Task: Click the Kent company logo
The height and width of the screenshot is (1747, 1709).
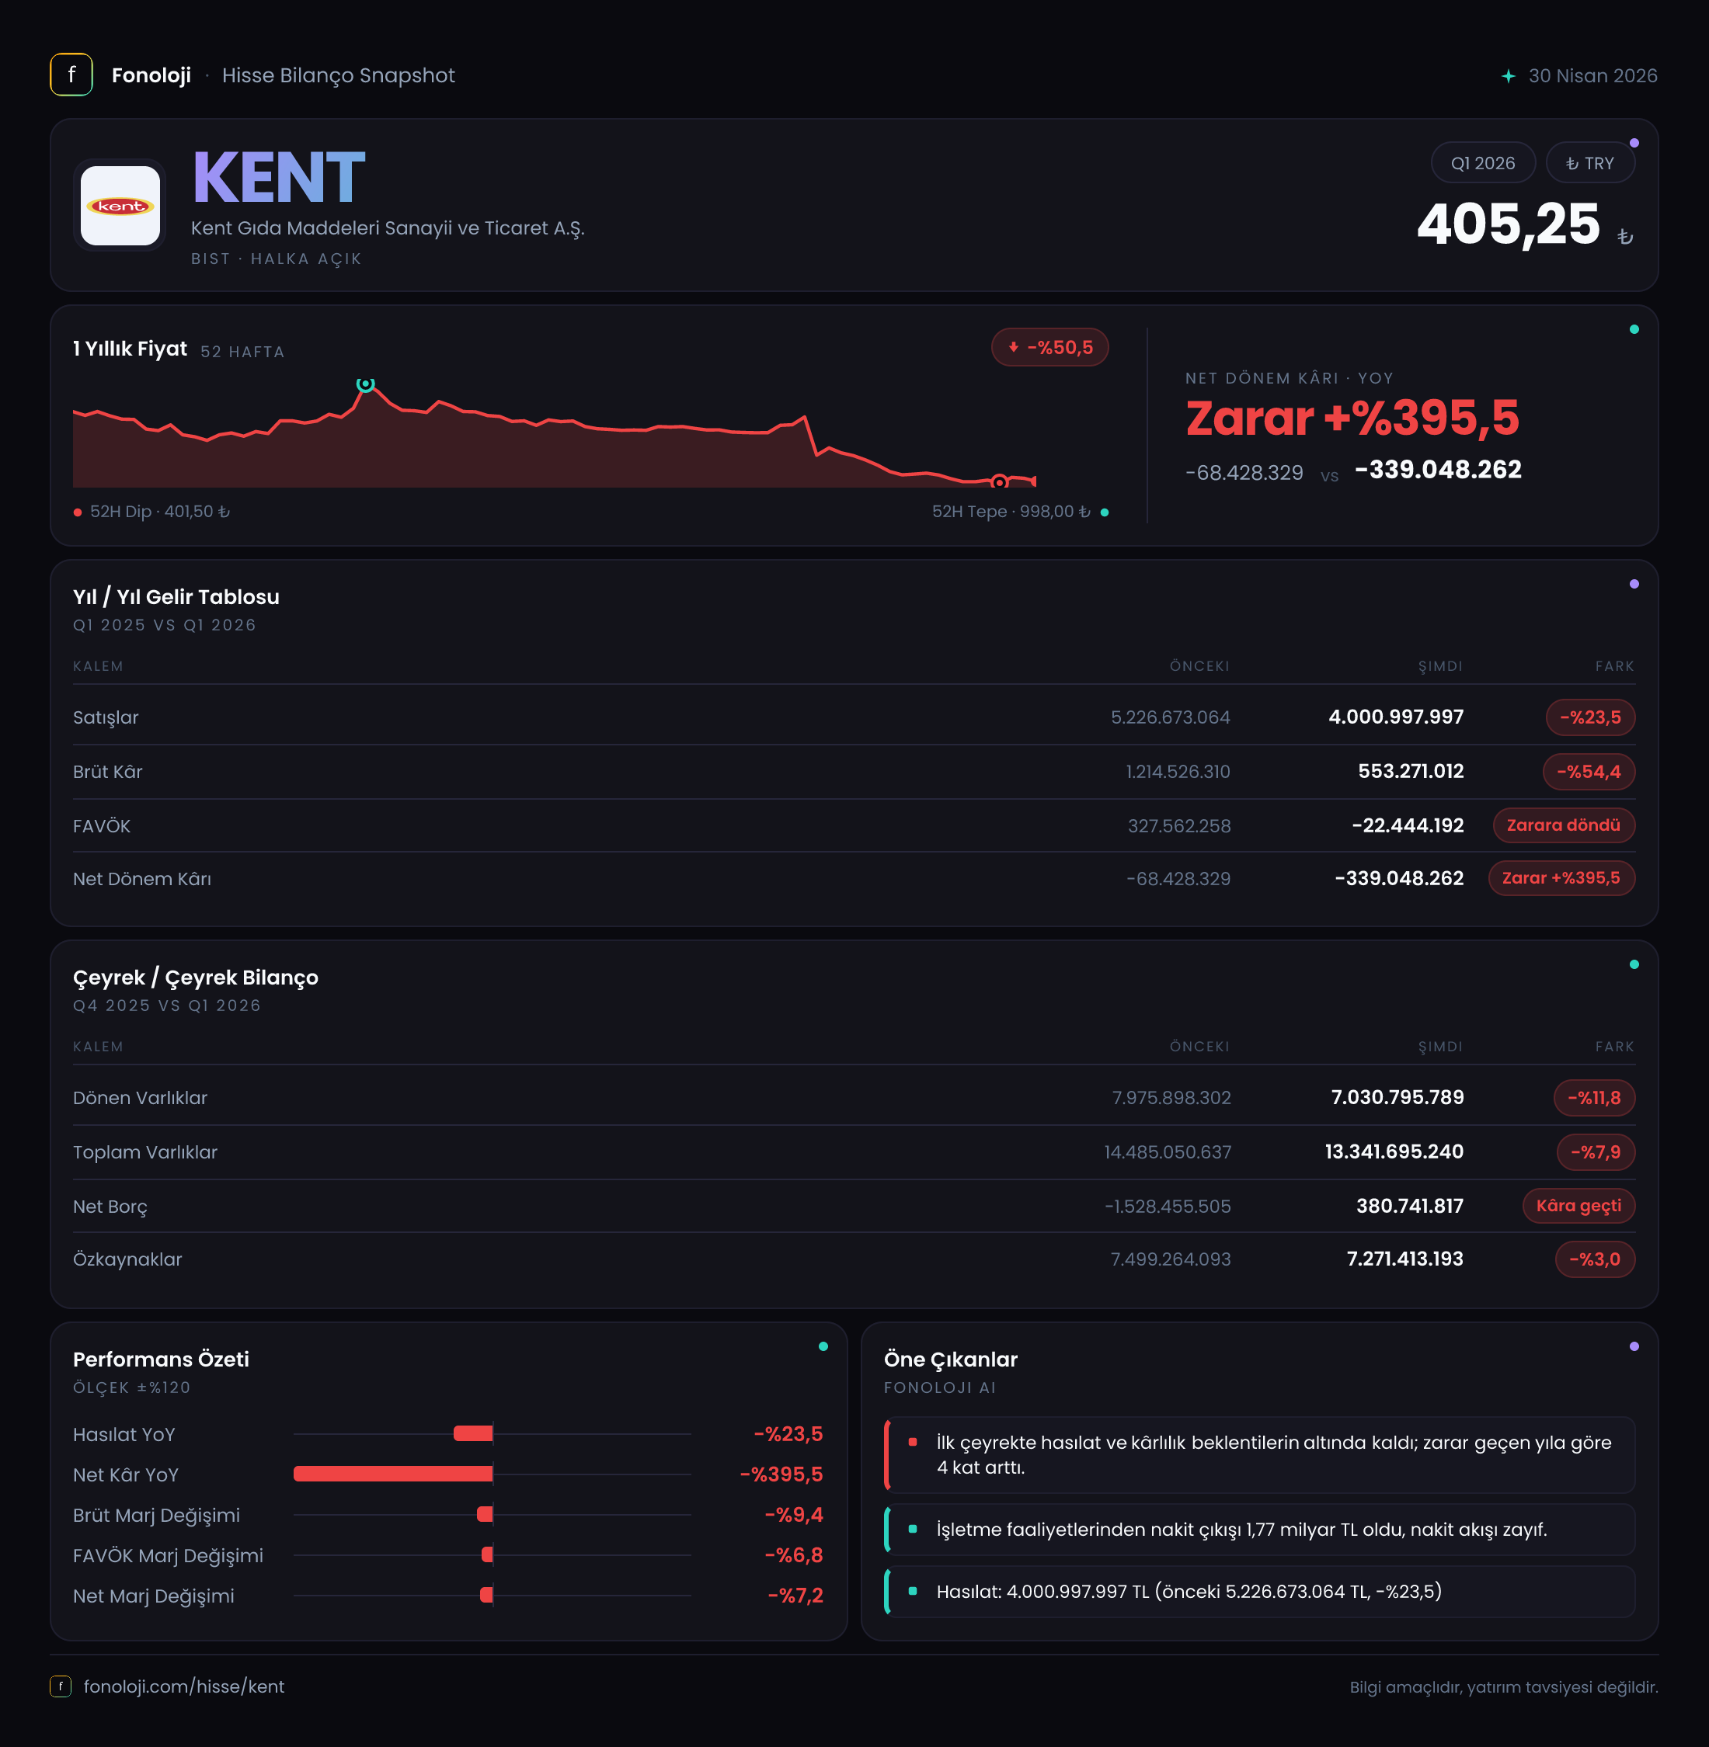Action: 120,206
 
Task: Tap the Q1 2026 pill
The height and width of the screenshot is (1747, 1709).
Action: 1483,162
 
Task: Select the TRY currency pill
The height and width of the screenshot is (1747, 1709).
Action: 1589,162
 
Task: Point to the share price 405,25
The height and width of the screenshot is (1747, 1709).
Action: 1508,224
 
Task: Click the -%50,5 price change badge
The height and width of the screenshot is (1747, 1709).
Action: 1049,347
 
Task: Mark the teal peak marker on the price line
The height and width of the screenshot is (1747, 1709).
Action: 365,384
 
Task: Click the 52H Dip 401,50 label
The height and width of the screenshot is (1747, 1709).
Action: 151,512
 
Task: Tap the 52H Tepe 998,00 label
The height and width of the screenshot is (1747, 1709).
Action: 1020,512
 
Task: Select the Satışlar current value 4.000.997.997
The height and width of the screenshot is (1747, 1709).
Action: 1396,717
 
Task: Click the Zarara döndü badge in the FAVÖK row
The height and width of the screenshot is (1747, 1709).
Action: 1564,825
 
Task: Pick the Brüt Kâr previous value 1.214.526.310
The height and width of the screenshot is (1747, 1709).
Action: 1178,772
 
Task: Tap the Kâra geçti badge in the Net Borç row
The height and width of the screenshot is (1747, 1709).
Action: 1578,1205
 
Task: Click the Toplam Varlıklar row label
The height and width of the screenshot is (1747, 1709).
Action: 145,1152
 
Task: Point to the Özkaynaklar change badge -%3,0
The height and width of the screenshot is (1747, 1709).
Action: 1595,1259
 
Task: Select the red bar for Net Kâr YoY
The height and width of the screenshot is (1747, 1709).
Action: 393,1474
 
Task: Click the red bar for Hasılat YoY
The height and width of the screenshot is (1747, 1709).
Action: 473,1433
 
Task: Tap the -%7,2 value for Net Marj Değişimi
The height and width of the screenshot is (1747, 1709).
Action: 795,1596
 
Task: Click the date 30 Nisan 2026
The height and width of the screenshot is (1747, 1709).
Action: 1592,75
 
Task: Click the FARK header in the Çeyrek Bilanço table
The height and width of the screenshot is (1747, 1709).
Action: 1615,1046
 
